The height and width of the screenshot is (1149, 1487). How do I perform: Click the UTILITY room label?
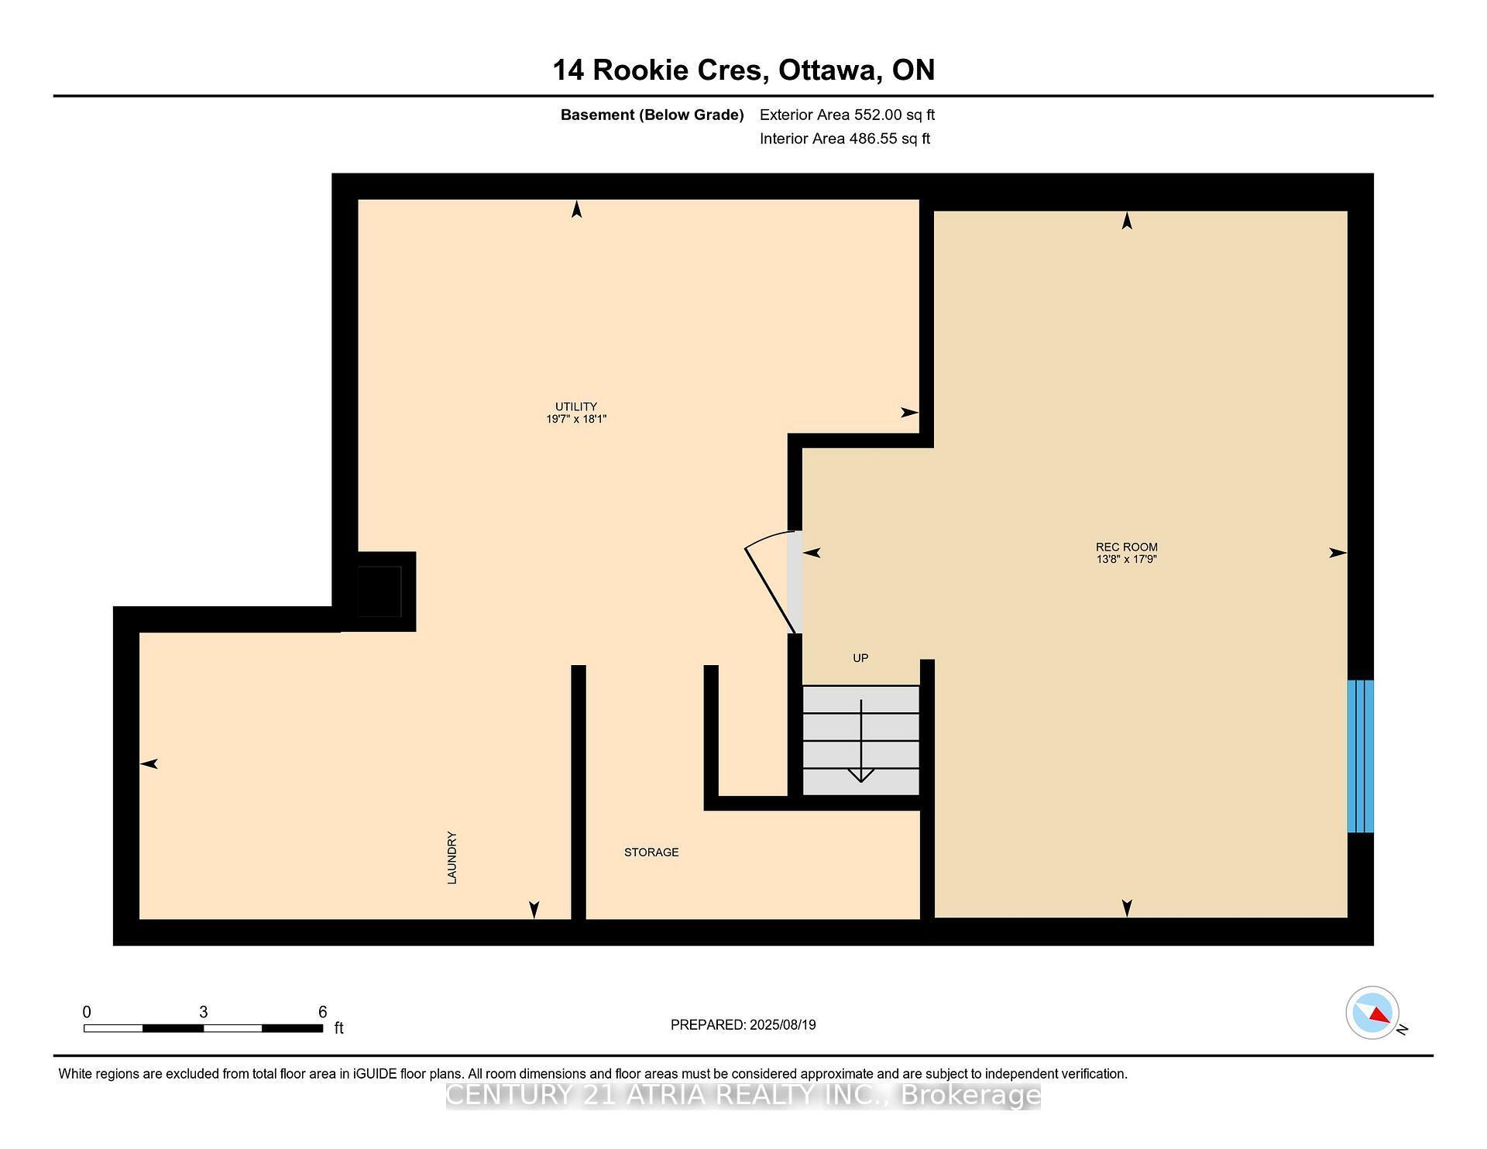pos(575,406)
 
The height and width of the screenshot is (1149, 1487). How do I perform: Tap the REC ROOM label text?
pos(1126,547)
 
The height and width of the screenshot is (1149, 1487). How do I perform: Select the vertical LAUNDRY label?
pos(452,857)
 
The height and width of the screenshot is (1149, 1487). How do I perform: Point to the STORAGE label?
pos(651,852)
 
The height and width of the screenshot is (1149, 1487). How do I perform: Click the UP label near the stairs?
pos(860,658)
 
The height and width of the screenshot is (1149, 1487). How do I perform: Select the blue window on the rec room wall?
pos(1360,756)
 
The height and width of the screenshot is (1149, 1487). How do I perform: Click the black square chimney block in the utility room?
pos(379,592)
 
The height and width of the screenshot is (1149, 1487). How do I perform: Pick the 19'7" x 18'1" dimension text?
pos(575,419)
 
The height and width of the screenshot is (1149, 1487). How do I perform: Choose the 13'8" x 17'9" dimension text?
pos(1126,559)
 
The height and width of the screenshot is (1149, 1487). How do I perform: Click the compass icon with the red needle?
pos(1372,1013)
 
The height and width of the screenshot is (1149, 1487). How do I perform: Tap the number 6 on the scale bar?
pos(322,1012)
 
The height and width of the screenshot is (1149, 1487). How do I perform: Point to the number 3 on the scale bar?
pos(203,1012)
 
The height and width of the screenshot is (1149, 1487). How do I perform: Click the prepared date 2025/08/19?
pos(782,1024)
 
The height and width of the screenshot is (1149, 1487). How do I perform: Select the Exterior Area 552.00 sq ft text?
pos(847,115)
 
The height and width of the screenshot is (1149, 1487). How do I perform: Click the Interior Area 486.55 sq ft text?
pos(844,139)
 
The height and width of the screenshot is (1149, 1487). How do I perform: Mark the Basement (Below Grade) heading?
pos(651,115)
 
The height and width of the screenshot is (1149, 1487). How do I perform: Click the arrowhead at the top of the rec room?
pos(1127,221)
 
